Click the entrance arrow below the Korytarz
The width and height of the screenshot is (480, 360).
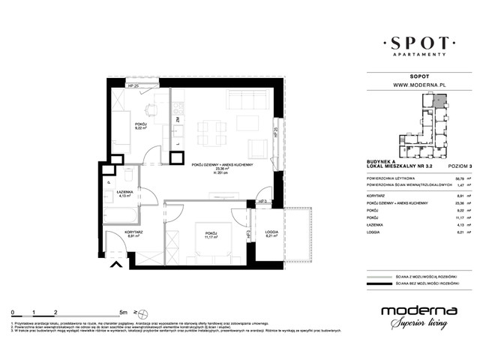[x=115, y=263]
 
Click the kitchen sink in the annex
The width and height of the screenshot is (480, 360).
[x=177, y=135]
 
